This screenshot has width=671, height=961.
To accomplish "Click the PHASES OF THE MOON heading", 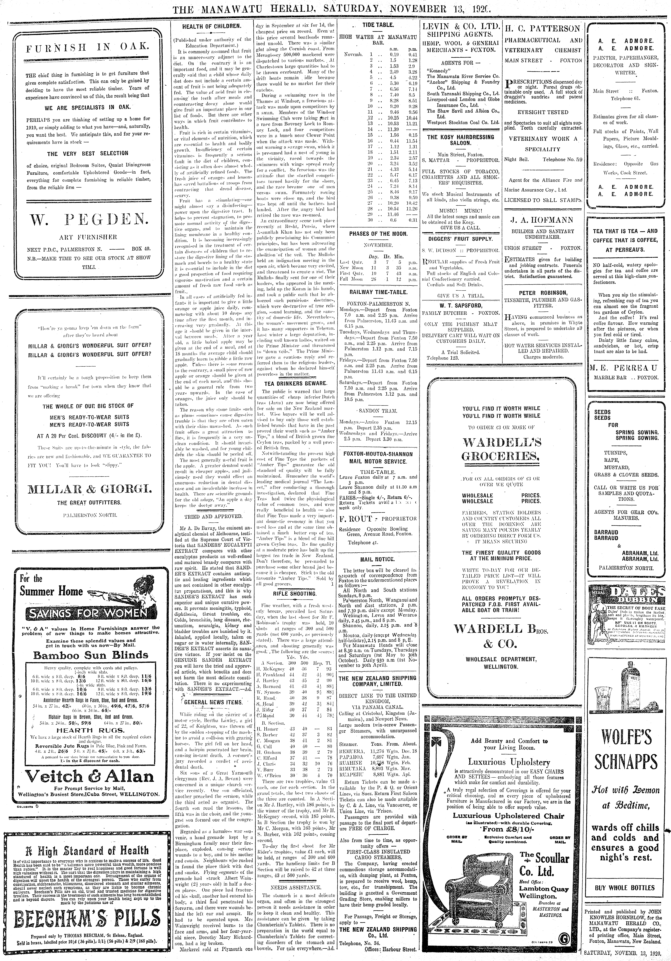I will (x=378, y=234).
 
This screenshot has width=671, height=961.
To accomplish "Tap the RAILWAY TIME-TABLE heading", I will (x=378, y=292).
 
